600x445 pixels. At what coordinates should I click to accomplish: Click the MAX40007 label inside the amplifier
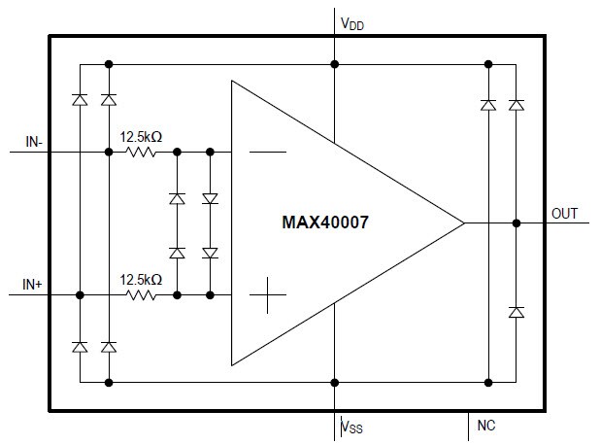tap(325, 222)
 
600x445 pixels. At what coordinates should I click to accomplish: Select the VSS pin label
tap(353, 426)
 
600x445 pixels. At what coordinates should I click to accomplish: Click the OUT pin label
tap(567, 212)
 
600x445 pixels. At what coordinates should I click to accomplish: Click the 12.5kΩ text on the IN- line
tap(141, 137)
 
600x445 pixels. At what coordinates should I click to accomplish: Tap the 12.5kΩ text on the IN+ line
tap(141, 279)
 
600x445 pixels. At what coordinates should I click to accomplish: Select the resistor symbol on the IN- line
tap(142, 153)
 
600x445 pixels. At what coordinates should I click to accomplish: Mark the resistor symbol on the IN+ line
tap(142, 294)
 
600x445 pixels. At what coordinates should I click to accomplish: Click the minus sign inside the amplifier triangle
tap(267, 153)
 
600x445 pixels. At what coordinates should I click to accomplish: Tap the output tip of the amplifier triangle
tap(463, 222)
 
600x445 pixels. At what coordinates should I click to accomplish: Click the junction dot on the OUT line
tap(517, 222)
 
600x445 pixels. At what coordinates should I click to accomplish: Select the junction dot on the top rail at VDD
tap(335, 64)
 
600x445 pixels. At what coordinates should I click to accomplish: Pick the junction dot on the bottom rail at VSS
tap(335, 382)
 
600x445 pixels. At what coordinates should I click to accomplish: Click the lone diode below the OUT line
tap(517, 312)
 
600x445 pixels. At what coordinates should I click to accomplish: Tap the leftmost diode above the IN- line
tap(80, 99)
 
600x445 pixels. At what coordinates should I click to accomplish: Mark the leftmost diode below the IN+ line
tap(80, 347)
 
